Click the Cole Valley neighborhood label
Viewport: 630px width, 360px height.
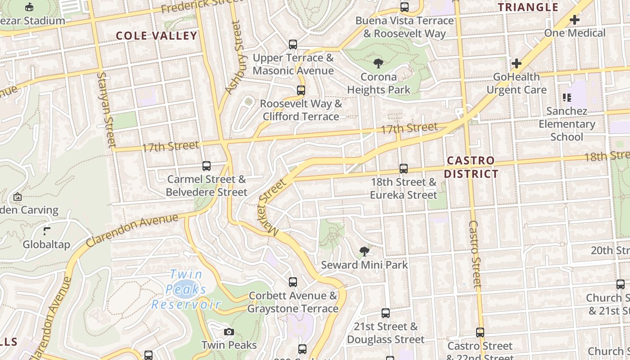[157, 36]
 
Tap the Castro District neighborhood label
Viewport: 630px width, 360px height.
[472, 167]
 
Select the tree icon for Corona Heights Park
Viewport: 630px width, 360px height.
[378, 63]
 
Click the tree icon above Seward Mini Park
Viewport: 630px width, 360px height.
[364, 252]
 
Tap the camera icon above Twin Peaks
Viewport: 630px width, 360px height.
[229, 332]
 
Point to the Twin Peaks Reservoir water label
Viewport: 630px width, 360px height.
[186, 289]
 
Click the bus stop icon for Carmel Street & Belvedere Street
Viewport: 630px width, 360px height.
[207, 166]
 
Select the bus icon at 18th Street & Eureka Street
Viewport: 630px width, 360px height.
[404, 169]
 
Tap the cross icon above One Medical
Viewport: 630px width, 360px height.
[575, 20]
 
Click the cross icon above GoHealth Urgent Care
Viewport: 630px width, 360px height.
[517, 63]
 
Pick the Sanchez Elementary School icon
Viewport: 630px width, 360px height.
[567, 98]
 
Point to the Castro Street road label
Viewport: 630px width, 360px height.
[475, 254]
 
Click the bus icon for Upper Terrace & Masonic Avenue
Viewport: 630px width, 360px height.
[293, 45]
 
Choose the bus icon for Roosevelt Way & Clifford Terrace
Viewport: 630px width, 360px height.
[301, 90]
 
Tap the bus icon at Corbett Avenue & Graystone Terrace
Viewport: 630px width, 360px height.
[293, 282]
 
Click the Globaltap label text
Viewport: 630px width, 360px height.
[47, 245]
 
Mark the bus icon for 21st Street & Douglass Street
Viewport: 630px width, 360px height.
[386, 313]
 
